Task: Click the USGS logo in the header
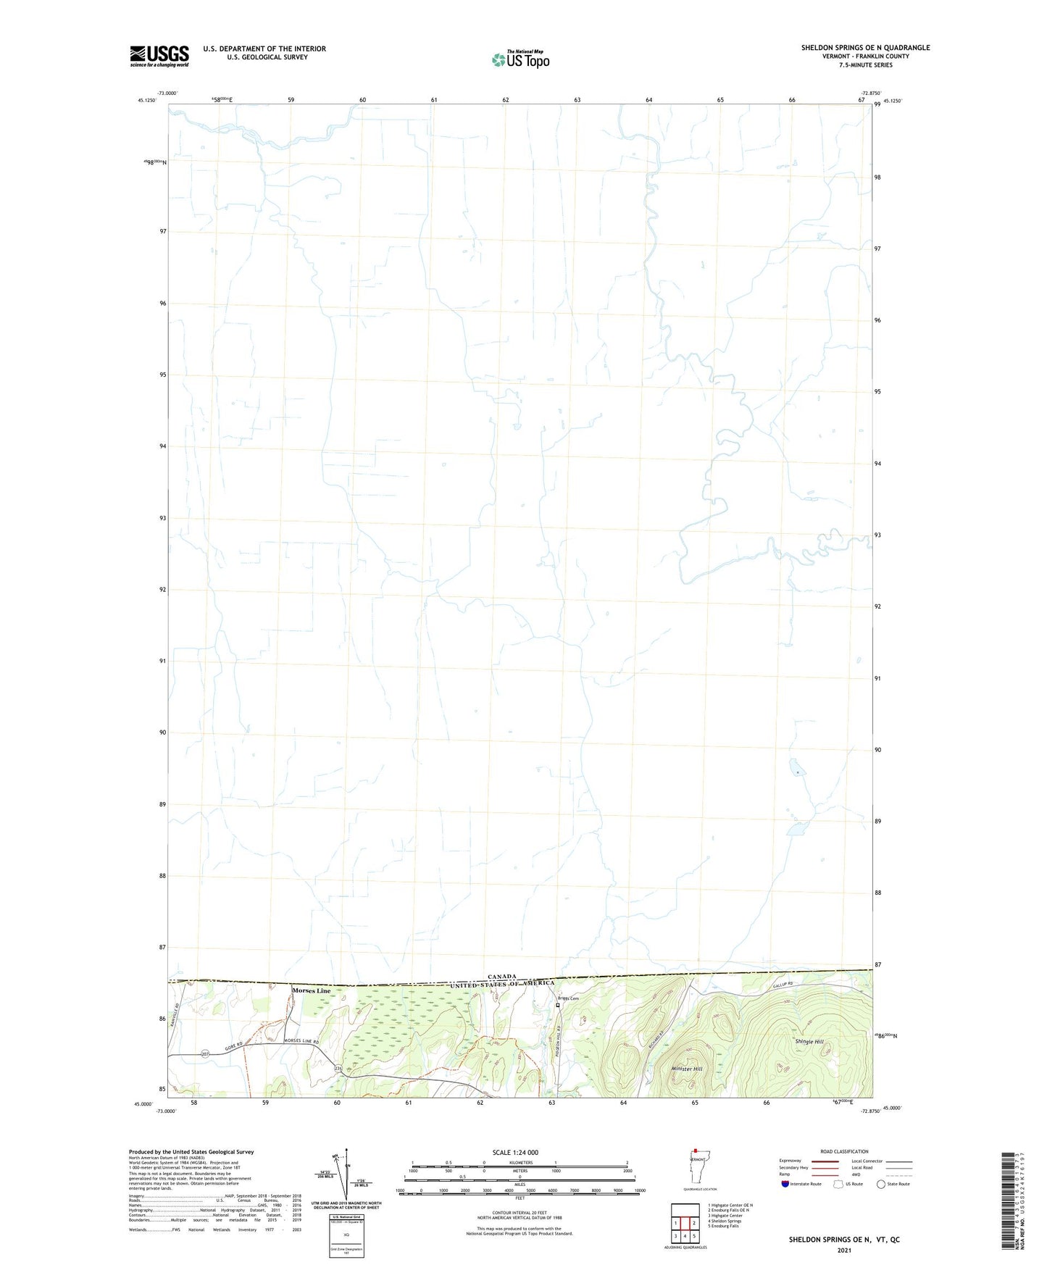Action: click(159, 56)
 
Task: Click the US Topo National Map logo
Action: click(520, 59)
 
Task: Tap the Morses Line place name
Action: click(311, 990)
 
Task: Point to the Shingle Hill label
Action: click(809, 1041)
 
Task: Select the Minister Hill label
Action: click(687, 1069)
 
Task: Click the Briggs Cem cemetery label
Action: click(569, 998)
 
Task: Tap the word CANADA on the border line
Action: click(501, 976)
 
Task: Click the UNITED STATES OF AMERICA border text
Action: click(502, 984)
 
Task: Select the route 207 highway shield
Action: click(205, 1054)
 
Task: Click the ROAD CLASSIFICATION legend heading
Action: click(844, 1151)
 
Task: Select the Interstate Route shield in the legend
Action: click(785, 1184)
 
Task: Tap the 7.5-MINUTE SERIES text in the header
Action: click(865, 65)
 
